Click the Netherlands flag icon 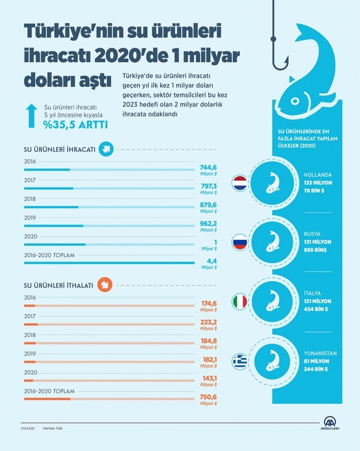point(239,184)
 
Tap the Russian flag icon point(239,242)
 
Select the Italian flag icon point(239,301)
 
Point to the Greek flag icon point(239,361)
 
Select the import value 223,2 point(208,323)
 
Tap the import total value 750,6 point(208,397)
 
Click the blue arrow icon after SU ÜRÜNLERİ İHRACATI point(105,150)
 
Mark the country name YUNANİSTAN point(320,353)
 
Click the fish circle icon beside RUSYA point(273,242)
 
